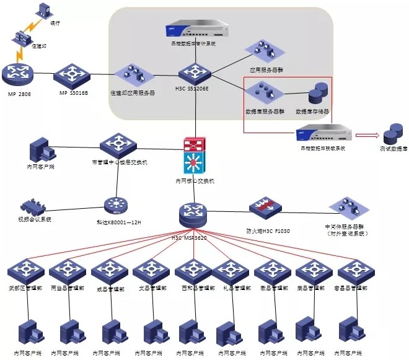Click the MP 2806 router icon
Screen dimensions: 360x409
(16, 74)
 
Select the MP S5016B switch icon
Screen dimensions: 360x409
(72, 75)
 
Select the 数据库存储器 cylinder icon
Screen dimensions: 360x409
(318, 95)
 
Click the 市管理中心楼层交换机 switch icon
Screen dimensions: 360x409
(118, 145)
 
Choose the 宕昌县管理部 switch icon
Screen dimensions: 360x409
(353, 271)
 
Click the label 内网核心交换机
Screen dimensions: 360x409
(194, 181)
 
